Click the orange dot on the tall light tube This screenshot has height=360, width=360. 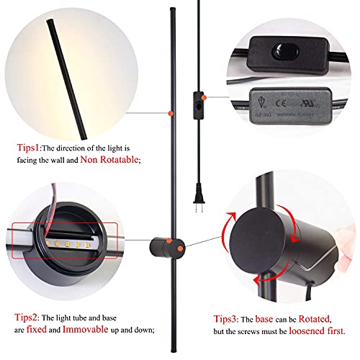(x=170, y=113)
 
